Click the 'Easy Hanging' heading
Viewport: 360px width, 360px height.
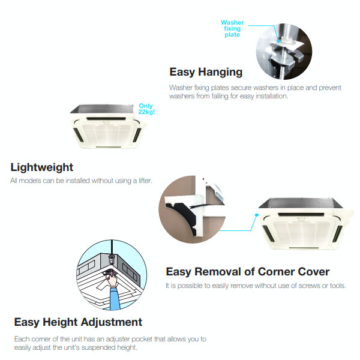[x=206, y=72]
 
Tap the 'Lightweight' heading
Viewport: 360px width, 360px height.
[x=42, y=167]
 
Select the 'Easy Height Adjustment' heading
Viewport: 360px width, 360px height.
[x=78, y=322]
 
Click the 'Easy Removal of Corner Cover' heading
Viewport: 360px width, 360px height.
[x=248, y=272]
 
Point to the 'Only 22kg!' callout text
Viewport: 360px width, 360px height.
[x=146, y=109]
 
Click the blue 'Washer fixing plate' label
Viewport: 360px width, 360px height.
[x=232, y=28]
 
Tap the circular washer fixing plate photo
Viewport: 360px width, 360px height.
[x=284, y=52]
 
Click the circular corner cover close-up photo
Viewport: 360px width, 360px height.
[x=192, y=209]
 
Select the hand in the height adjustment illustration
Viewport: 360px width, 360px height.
[x=112, y=280]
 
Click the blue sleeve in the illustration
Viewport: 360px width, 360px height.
[x=115, y=298]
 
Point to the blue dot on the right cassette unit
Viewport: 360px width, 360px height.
[x=257, y=215]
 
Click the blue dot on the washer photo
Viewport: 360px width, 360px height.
[x=278, y=41]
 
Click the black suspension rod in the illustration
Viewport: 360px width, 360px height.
[x=112, y=247]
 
